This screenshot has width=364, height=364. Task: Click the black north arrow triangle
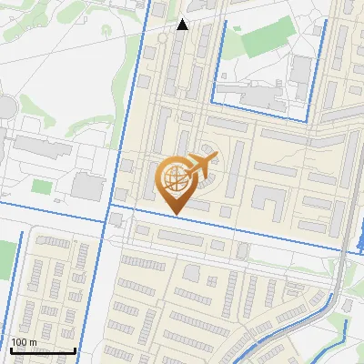(182, 25)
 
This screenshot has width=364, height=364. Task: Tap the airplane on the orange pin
(201, 165)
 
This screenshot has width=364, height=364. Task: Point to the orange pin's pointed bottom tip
(176, 215)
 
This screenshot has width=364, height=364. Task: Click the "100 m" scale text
(25, 342)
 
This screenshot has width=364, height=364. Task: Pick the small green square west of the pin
(41, 187)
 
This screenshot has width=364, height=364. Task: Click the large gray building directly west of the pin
(87, 187)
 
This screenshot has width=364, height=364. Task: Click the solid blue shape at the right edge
(358, 240)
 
